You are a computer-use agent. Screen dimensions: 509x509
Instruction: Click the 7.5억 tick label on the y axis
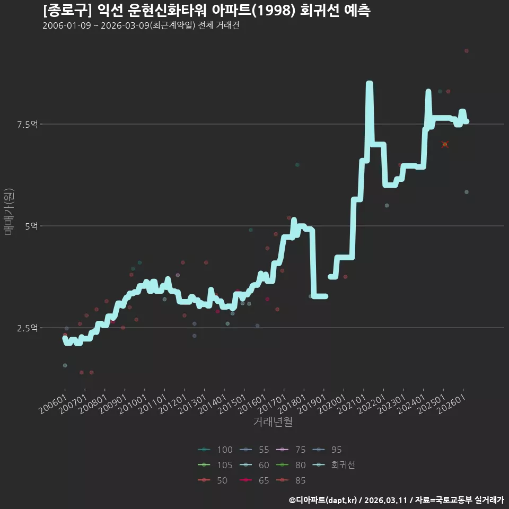[x=28, y=124]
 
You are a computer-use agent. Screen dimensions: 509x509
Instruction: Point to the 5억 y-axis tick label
[x=31, y=226]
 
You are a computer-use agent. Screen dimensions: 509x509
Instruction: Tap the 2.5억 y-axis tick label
[x=28, y=328]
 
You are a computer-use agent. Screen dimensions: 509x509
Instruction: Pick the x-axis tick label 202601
[x=451, y=404]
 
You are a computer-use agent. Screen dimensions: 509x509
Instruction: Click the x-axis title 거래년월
[x=273, y=422]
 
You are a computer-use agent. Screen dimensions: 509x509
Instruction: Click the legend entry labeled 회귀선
[x=334, y=465]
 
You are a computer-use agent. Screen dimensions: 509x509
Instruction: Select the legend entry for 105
[x=215, y=465]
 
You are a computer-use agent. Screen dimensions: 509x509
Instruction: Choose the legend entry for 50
[x=212, y=480]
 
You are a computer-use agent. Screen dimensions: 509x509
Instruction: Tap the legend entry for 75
[x=291, y=450]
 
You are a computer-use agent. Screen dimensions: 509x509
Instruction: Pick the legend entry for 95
[x=327, y=450]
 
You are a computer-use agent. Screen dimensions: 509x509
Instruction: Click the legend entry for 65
[x=254, y=480]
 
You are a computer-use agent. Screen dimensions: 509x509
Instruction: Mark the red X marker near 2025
[x=445, y=144]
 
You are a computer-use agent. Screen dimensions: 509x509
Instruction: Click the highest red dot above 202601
[x=467, y=51]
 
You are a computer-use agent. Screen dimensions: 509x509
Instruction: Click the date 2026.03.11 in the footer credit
[x=385, y=500]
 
